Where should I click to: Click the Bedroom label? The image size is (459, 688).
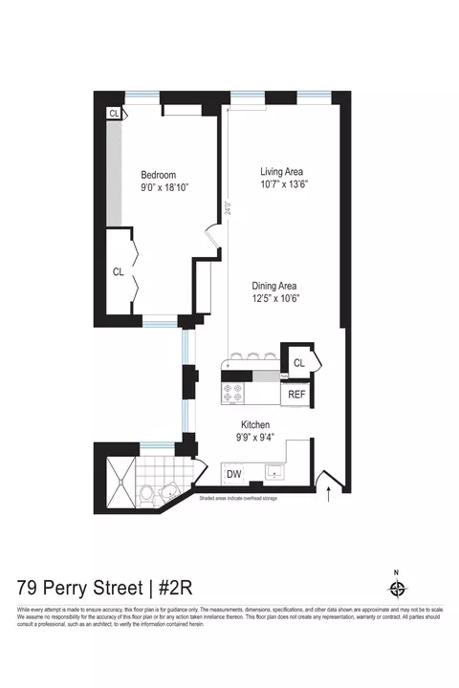pyautogui.click(x=159, y=175)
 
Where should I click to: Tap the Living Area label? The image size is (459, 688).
pyautogui.click(x=281, y=172)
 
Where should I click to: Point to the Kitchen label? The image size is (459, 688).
pyautogui.click(x=255, y=424)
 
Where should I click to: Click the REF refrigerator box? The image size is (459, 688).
pyautogui.click(x=296, y=393)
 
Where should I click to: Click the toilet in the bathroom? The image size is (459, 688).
pyautogui.click(x=145, y=496)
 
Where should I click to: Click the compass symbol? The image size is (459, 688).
pyautogui.click(x=399, y=589)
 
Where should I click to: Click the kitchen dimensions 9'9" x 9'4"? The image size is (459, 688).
pyautogui.click(x=255, y=438)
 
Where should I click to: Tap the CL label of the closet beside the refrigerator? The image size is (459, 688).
pyautogui.click(x=299, y=362)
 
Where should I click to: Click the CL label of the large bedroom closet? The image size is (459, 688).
pyautogui.click(x=119, y=272)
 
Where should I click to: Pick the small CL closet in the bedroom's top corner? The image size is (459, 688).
pyautogui.click(x=115, y=113)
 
